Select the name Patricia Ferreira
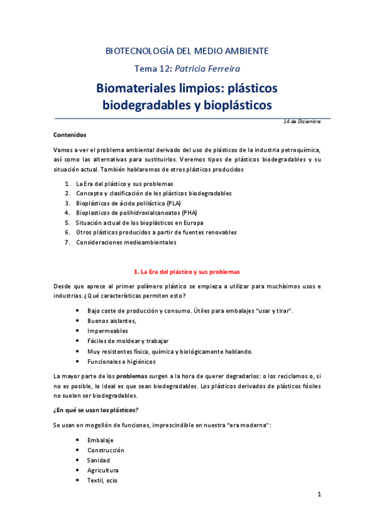210,68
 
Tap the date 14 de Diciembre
302,121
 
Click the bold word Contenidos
70,134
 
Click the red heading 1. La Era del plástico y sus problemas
187,272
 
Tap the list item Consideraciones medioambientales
126,242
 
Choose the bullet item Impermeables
108,331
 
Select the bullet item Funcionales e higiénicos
122,361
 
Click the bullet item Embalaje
101,440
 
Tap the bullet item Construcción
106,450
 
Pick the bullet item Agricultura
103,470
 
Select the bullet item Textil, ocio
102,480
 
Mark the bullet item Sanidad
99,460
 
